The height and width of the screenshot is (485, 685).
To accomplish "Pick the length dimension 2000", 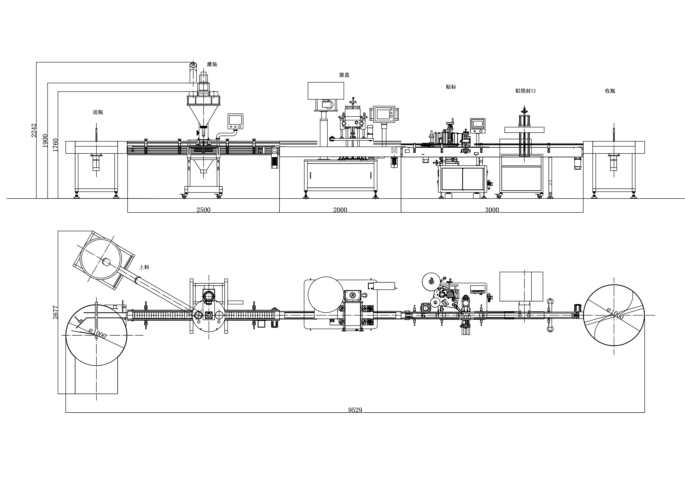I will (340, 210).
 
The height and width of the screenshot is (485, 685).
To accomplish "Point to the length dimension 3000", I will (492, 210).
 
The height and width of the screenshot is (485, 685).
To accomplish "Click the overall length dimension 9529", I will (355, 410).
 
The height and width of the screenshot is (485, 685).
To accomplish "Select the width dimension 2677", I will (56, 312).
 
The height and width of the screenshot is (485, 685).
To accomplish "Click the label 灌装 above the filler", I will (212, 64).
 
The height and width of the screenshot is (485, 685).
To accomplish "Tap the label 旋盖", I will (344, 75).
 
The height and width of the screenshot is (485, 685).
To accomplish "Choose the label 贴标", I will (451, 87).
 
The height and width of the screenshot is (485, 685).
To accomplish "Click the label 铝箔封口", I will (525, 91).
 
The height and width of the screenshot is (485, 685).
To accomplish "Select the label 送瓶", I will (98, 112).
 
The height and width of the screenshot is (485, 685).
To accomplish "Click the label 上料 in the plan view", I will (144, 267).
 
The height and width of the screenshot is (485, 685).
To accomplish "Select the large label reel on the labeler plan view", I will (431, 281).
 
